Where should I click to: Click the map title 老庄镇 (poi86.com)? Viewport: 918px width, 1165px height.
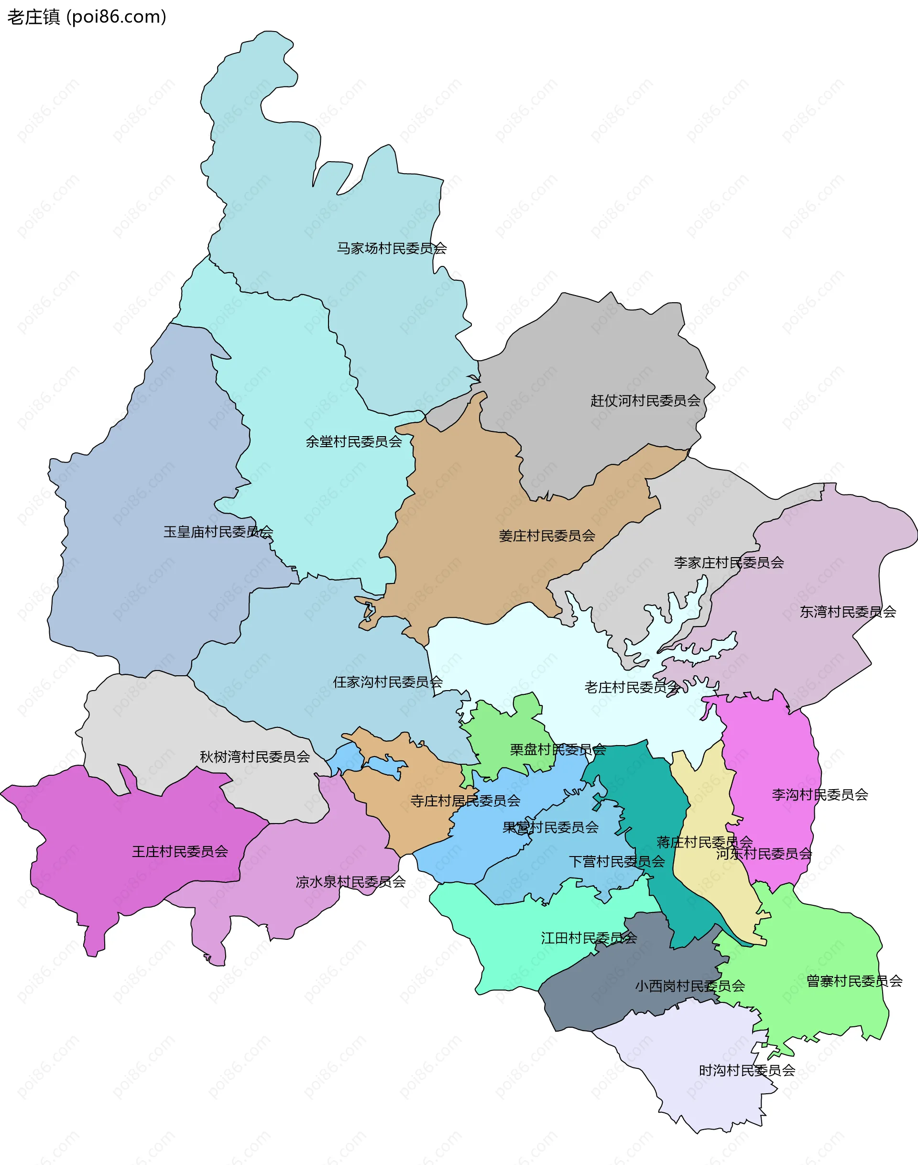pos(87,17)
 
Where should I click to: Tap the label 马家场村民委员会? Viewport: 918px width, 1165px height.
pos(391,248)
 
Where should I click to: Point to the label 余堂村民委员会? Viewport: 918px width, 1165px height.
pos(354,442)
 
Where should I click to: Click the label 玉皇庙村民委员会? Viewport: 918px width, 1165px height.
pos(218,532)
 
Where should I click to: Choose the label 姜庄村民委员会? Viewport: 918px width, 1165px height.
pos(546,536)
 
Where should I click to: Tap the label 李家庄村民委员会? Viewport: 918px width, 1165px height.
pos(728,563)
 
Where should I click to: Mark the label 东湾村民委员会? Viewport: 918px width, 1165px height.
pos(848,612)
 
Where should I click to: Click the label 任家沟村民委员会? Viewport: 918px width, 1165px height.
pos(387,682)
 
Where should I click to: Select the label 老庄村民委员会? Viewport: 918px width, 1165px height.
pos(632,688)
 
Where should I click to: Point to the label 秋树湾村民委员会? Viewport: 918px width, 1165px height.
pos(255,757)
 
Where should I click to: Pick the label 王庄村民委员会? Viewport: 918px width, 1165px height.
pos(180,852)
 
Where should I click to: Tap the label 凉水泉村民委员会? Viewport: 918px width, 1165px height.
pos(350,882)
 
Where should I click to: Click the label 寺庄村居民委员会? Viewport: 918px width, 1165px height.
pos(465,801)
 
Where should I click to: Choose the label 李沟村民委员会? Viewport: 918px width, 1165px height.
pos(820,794)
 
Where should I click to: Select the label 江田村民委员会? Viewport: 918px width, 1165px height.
pos(589,938)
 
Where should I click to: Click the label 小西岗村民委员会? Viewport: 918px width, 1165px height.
pos(689,986)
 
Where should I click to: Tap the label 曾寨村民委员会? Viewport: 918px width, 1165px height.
pos(854,981)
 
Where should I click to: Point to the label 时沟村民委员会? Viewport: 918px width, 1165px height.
pos(746,1070)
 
